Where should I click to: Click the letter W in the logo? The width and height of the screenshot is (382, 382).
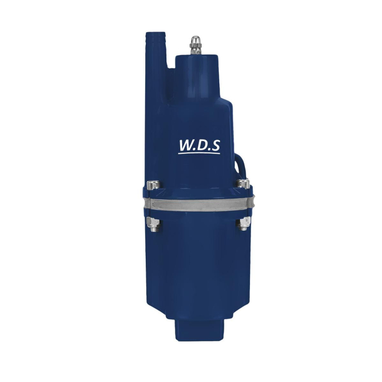(187, 145)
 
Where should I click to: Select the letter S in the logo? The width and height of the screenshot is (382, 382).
(216, 145)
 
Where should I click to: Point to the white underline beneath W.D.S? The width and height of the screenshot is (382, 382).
(200, 153)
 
